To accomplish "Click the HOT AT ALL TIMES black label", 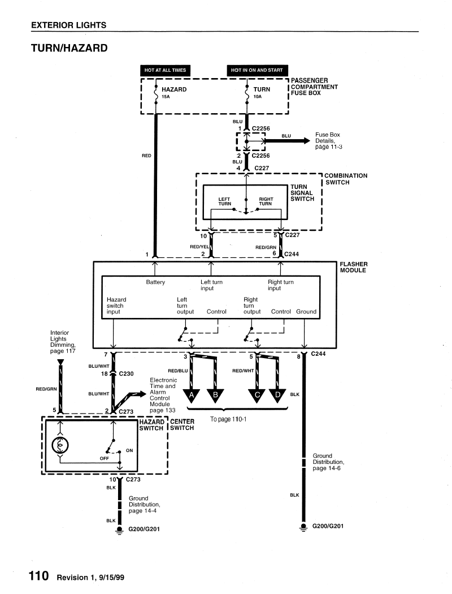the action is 165,70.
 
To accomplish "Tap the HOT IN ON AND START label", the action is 257,70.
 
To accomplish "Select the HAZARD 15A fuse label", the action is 174,92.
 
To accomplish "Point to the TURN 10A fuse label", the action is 262,92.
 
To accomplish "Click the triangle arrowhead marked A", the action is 192,396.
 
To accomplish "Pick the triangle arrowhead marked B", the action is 216,396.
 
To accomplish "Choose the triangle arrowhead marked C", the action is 257,396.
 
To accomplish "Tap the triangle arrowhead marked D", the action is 278,396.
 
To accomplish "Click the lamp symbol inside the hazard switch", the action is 60,446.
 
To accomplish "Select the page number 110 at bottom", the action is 39,576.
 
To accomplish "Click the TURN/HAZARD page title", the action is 69,48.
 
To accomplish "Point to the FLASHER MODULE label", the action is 354,267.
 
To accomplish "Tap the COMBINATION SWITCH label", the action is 346,179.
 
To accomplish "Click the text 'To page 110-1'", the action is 228,419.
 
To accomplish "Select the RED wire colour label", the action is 146,156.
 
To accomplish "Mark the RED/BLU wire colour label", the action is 178,371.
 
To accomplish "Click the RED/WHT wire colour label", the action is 243,371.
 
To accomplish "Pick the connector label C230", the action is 127,373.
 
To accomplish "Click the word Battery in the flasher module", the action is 155,282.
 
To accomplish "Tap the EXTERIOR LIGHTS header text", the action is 69,25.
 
